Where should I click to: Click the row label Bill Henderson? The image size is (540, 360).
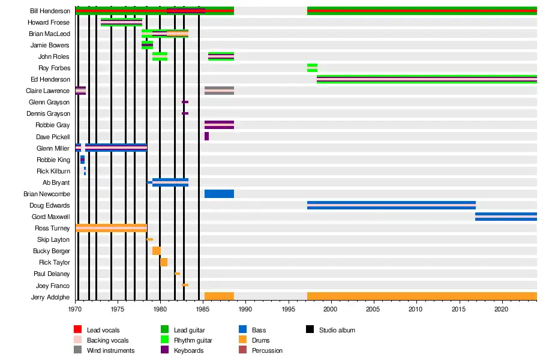click(x=50, y=11)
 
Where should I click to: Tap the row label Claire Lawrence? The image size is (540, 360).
click(x=50, y=91)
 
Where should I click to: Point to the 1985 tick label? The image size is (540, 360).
click(x=203, y=310)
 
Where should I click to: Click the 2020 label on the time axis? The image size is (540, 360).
click(x=501, y=310)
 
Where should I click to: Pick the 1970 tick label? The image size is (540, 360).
click(x=75, y=310)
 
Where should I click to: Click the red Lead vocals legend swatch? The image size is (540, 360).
click(x=77, y=330)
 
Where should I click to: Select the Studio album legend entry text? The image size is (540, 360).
click(x=337, y=330)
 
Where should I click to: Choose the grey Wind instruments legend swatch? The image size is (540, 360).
click(x=77, y=350)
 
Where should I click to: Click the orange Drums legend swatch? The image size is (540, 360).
click(x=242, y=340)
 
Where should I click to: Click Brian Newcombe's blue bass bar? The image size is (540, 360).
click(x=219, y=194)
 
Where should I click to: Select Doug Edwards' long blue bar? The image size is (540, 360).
click(x=391, y=205)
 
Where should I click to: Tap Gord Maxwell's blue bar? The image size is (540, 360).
click(x=506, y=217)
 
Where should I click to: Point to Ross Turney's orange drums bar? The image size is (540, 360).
click(x=111, y=228)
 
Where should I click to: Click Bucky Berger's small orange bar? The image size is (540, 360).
click(x=156, y=251)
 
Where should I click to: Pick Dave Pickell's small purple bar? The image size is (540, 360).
click(x=206, y=136)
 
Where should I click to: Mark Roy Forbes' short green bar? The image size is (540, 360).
click(x=312, y=68)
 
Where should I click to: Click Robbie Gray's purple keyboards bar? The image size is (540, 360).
click(x=219, y=125)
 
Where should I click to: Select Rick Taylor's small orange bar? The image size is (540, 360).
click(x=164, y=262)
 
